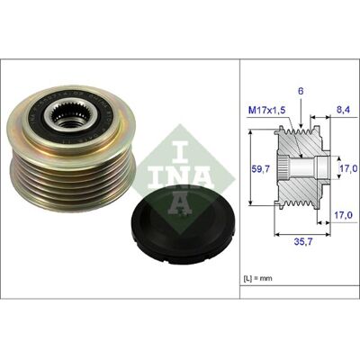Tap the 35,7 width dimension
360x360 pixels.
point(302,241)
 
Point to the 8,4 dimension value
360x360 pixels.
point(342,110)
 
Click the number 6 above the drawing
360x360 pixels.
point(301,92)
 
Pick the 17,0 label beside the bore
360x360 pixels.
point(348,168)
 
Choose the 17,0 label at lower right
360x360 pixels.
point(343,215)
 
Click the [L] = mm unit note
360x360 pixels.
point(257,278)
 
